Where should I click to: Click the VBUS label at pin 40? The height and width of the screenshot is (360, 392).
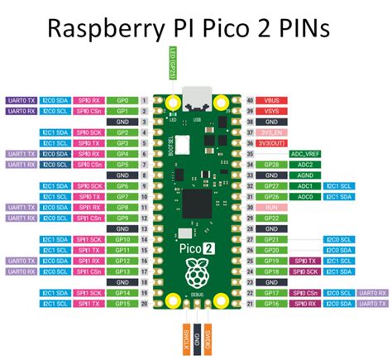pos(269,98)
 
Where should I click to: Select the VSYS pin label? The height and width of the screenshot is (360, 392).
pos(269,109)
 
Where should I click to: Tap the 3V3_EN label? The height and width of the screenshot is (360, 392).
pos(269,132)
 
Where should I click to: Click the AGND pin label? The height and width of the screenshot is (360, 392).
pos(269,175)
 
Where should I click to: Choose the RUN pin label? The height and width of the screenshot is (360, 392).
pos(269,208)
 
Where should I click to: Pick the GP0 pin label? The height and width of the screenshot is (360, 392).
pos(122,98)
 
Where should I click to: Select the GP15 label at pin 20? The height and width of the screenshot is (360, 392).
pos(122,304)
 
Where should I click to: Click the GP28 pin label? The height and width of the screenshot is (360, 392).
pos(269,164)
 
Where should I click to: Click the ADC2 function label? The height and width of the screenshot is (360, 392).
pos(302,164)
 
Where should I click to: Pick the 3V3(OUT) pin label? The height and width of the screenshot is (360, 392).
pos(269,142)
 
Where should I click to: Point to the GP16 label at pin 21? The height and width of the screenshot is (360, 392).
pos(269,304)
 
